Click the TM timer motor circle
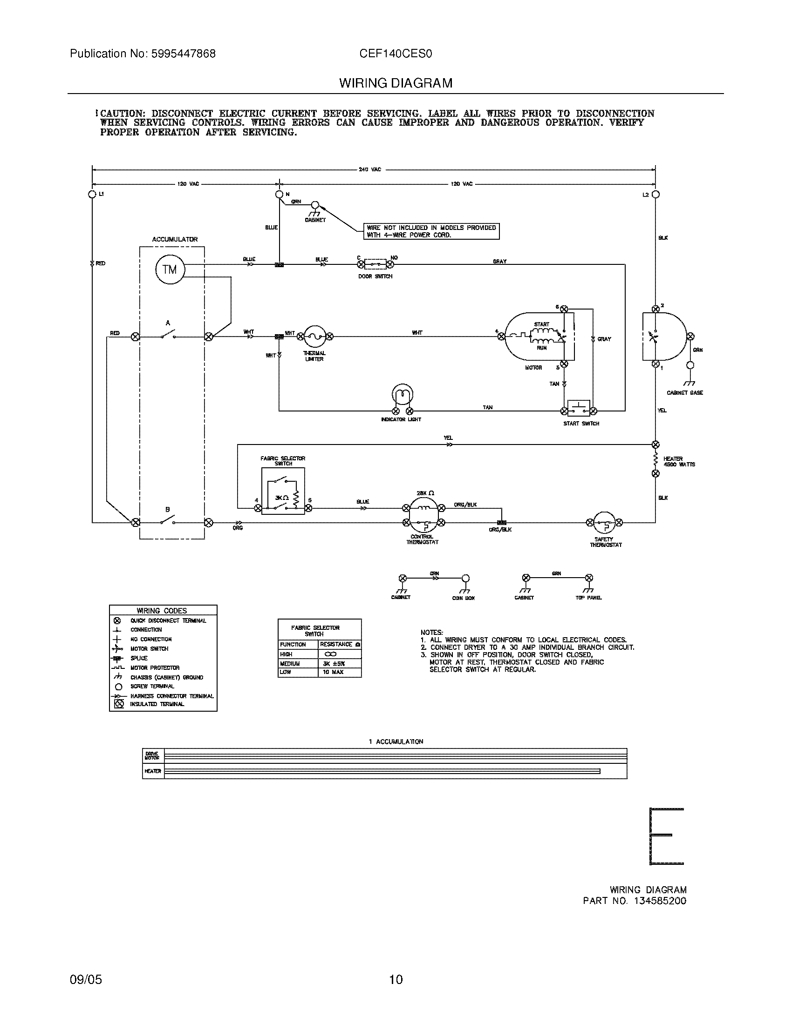click(x=170, y=269)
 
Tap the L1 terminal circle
click(x=92, y=194)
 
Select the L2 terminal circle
click(x=656, y=194)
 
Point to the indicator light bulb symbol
click(x=403, y=395)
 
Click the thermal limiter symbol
click(x=314, y=336)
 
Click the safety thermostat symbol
click(x=604, y=523)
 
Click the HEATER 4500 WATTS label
click(x=679, y=461)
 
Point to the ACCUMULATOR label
click(x=175, y=239)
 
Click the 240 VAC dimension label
click(x=370, y=169)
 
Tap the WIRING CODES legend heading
click(x=162, y=611)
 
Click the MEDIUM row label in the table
click(x=290, y=663)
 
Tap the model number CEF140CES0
click(x=396, y=54)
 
